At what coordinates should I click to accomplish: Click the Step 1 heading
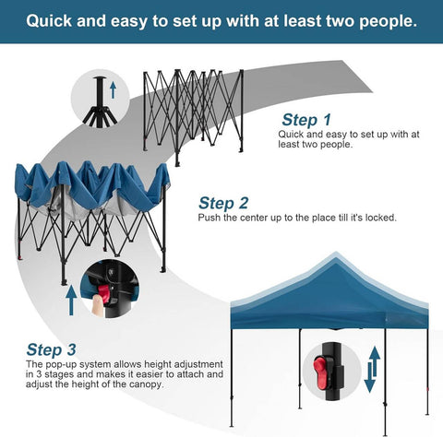306,120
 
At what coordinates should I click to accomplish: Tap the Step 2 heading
223,203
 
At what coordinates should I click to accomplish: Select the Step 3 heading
51,349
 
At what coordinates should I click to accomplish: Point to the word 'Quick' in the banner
49,21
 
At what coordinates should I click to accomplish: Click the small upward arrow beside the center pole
114,89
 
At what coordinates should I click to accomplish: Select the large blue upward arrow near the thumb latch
71,300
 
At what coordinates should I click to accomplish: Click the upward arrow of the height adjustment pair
375,361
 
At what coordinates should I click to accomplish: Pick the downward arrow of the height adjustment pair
369,378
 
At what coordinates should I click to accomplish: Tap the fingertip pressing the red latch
98,303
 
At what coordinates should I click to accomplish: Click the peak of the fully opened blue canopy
336,254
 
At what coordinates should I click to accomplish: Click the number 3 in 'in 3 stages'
39,374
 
